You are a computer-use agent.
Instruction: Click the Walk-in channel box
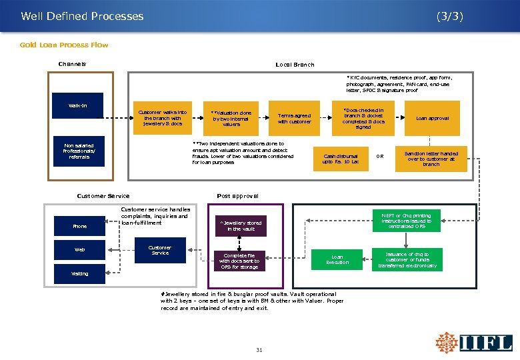click(x=77, y=105)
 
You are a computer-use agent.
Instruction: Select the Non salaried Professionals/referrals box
click(x=79, y=151)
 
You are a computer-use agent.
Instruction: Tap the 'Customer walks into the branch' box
click(x=163, y=118)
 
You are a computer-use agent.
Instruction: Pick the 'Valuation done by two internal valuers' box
click(x=231, y=118)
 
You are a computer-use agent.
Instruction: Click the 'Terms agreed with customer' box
click(x=294, y=118)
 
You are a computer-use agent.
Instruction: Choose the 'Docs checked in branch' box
click(x=363, y=118)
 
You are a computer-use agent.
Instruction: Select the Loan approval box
click(x=432, y=118)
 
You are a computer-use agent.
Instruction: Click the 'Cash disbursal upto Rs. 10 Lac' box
click(x=340, y=158)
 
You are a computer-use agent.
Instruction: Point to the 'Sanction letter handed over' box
click(x=431, y=158)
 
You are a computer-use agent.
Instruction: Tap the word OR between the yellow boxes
click(x=380, y=158)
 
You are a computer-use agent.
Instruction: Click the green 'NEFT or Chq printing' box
click(x=406, y=221)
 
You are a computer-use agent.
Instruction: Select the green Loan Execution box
click(x=337, y=259)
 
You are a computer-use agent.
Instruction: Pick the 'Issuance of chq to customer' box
click(x=407, y=259)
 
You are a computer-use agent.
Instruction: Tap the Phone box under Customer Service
click(x=79, y=227)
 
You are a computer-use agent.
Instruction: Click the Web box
click(x=79, y=250)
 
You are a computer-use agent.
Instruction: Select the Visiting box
click(x=79, y=273)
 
